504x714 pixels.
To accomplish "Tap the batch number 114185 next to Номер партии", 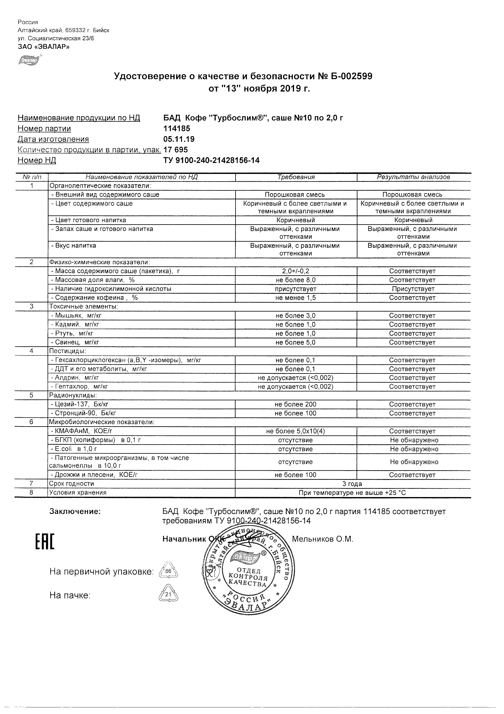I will tap(177, 128).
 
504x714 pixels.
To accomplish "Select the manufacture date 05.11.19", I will tap(179, 139).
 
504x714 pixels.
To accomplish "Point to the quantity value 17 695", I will tap(176, 150).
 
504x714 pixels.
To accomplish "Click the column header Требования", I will tap(296, 177).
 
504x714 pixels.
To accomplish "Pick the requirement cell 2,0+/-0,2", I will tap(295, 271).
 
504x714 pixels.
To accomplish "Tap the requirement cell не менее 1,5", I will tap(295, 297).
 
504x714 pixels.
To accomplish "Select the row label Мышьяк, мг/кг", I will tap(76, 316).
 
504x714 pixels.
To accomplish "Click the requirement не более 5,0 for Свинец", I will tap(295, 342).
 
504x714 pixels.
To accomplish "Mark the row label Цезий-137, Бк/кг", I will tap(80, 405).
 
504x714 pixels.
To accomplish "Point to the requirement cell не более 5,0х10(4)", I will tap(295, 431).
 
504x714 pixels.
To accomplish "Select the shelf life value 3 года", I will tap(352, 484).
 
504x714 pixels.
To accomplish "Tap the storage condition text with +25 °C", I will tap(352, 493).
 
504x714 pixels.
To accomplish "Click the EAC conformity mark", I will tap(44, 546).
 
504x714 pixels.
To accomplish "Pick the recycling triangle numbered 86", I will tap(168, 571).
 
